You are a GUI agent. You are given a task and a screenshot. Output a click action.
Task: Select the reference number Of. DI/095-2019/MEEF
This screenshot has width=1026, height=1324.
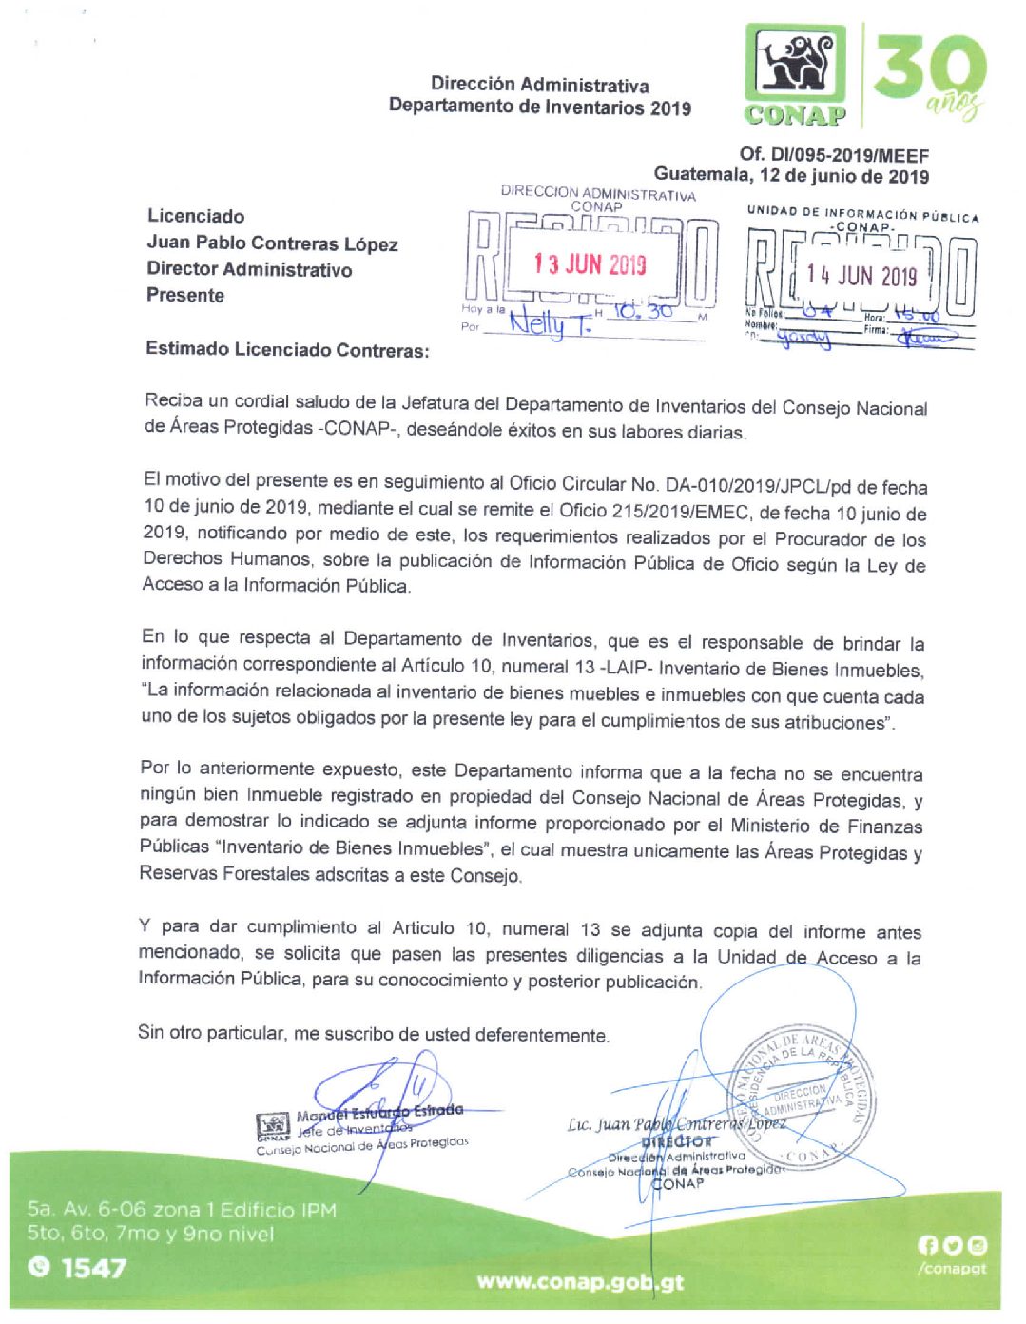tap(834, 155)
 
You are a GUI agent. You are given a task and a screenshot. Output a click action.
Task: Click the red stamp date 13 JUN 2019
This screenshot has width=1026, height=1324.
tap(590, 263)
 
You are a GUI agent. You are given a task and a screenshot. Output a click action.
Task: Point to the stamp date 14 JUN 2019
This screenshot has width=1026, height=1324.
tap(861, 276)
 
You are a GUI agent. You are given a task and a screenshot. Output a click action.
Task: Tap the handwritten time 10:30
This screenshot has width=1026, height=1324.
tap(643, 310)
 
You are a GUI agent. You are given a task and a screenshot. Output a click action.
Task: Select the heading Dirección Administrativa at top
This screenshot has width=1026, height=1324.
tap(539, 85)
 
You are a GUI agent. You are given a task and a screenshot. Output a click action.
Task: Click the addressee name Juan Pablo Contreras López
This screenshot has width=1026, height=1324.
tap(272, 243)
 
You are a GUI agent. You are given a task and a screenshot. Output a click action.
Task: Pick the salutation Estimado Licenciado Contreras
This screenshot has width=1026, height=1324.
tap(287, 349)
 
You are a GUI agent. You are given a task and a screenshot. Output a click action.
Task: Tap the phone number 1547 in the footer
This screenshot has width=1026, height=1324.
tap(92, 1267)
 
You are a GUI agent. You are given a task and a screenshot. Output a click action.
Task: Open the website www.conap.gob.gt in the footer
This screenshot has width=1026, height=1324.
tap(580, 1281)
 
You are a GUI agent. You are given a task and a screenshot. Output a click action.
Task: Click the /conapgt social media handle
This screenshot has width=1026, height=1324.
tap(952, 1268)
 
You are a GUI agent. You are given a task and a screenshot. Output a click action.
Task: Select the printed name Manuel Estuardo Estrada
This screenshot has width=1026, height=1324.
tap(379, 1112)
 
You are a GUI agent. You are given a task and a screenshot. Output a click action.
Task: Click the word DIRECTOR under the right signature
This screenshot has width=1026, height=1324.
tap(676, 1141)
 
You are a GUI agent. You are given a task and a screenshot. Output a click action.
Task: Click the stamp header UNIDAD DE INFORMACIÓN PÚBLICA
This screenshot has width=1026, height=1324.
tap(862, 214)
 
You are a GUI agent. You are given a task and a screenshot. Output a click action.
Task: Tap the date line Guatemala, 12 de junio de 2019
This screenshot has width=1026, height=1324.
tap(791, 176)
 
